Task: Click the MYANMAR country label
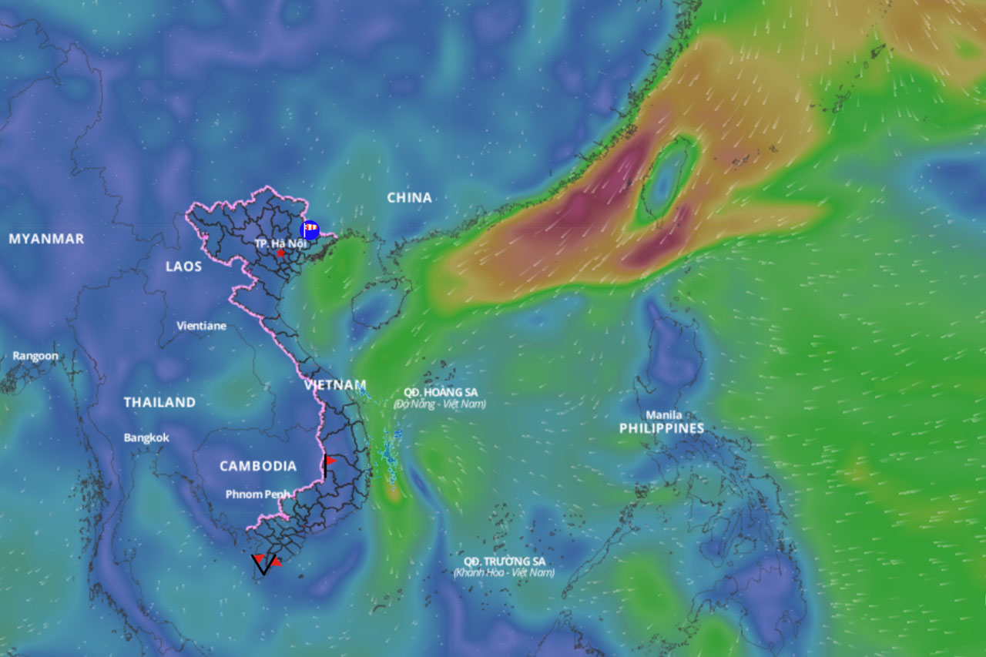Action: [46, 239]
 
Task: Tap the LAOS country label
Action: [183, 266]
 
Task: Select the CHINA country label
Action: [409, 198]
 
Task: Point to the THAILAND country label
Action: [159, 402]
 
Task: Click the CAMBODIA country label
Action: [257, 466]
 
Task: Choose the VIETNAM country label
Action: [335, 384]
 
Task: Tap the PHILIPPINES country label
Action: [662, 428]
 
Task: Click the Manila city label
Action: [663, 414]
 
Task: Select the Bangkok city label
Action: [146, 437]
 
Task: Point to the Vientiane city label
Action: [202, 326]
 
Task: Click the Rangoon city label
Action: [35, 356]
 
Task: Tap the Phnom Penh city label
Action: [258, 494]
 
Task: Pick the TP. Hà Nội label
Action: [280, 243]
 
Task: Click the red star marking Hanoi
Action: [280, 253]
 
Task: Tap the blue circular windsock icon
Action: [310, 229]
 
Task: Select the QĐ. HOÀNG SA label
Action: [441, 392]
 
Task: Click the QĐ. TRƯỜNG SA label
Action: [505, 561]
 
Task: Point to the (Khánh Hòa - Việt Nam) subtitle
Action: [504, 573]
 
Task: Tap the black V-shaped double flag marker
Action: [263, 564]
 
